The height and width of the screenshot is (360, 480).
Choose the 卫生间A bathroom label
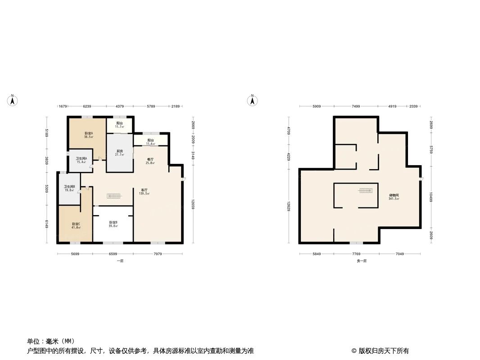[81, 160]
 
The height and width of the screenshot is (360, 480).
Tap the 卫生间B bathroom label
[69, 188]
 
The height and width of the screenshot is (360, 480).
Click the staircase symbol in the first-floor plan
[114, 196]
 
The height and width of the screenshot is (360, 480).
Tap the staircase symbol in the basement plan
[366, 190]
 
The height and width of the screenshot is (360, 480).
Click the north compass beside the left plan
[13, 100]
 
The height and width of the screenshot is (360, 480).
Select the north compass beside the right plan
[253, 100]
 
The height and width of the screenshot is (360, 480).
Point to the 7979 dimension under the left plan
[158, 254]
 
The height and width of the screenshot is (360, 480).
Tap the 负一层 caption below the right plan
[362, 261]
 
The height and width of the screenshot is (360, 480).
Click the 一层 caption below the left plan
[120, 261]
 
